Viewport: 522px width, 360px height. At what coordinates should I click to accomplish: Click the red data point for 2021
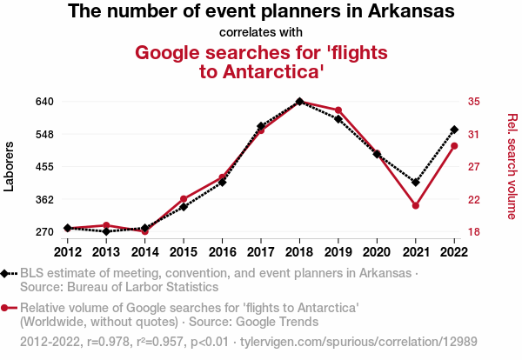pyautogui.click(x=416, y=206)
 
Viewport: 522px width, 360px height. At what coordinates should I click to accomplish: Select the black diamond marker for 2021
pyautogui.click(x=416, y=183)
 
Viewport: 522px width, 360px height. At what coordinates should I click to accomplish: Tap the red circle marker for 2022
pyautogui.click(x=454, y=145)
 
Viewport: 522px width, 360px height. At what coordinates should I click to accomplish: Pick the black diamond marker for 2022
pyautogui.click(x=454, y=130)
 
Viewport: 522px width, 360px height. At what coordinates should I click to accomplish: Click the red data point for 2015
pyautogui.click(x=184, y=199)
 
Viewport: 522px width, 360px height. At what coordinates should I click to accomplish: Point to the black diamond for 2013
pyautogui.click(x=106, y=231)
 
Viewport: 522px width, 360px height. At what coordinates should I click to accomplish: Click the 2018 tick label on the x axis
pyautogui.click(x=299, y=252)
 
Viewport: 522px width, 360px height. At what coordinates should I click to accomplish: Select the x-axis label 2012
pyautogui.click(x=68, y=252)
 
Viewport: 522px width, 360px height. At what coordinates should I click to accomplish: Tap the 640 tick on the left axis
pyautogui.click(x=45, y=102)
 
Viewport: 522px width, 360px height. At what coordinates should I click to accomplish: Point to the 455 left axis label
pyautogui.click(x=45, y=167)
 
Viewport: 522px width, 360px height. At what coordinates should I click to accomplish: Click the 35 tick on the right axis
pyautogui.click(x=474, y=102)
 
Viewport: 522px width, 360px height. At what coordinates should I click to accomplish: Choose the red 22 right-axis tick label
pyautogui.click(x=474, y=199)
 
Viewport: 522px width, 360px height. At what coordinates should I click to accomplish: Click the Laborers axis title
pyautogui.click(x=10, y=165)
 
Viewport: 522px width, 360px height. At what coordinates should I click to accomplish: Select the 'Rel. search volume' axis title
pyautogui.click(x=512, y=165)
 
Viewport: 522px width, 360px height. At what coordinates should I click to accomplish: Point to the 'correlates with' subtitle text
pyautogui.click(x=261, y=33)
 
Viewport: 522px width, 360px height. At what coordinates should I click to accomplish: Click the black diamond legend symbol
pyautogui.click(x=6, y=273)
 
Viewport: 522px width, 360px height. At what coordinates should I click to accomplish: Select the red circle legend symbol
pyautogui.click(x=6, y=308)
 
